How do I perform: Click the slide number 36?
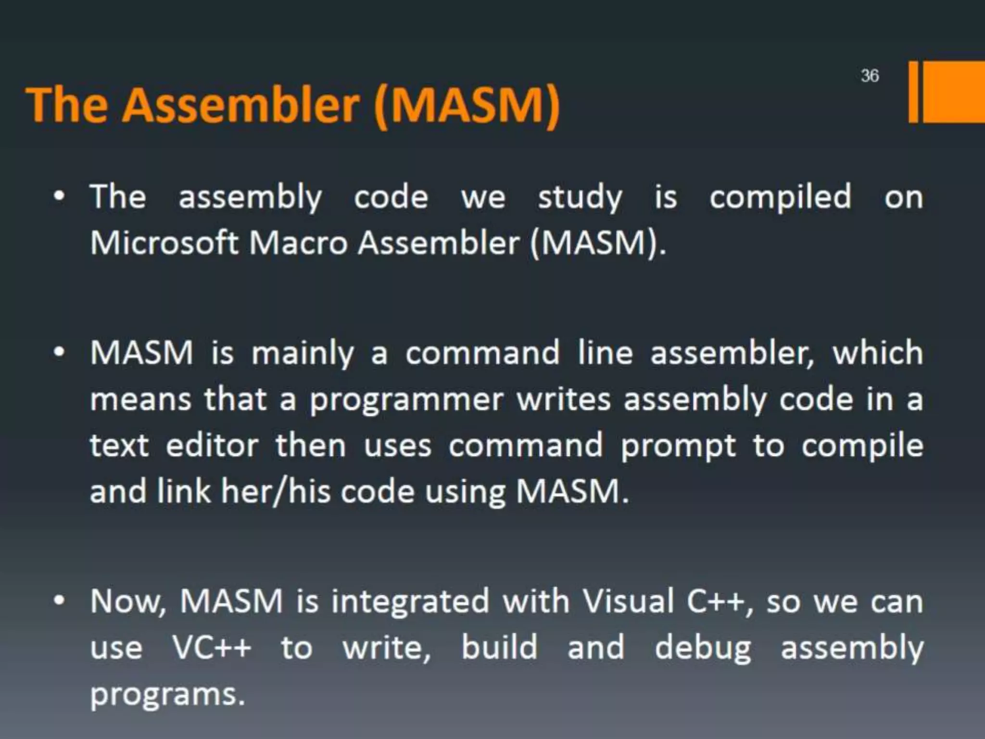[x=870, y=76]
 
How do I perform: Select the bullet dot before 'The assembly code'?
[x=59, y=197]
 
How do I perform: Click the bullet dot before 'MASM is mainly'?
[x=59, y=353]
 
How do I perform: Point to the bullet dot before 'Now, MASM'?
[x=59, y=601]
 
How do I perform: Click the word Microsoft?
[x=164, y=242]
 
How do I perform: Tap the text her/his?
[x=276, y=492]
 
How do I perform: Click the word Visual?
[x=628, y=601]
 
